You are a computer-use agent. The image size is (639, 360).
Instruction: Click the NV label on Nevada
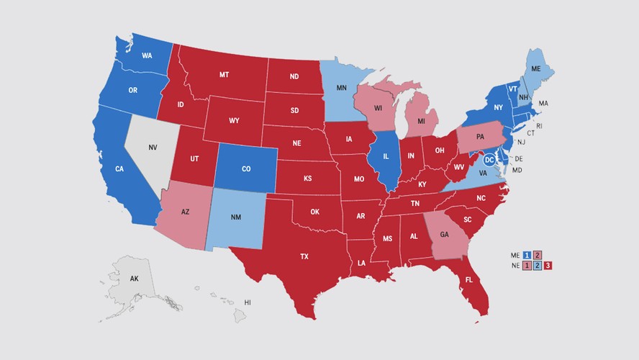(x=153, y=147)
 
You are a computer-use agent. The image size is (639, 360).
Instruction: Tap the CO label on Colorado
(x=245, y=169)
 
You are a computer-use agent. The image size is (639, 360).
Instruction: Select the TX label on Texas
(x=305, y=256)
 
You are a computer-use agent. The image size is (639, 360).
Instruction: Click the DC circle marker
(x=489, y=158)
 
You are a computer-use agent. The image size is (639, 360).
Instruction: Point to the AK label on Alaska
(x=134, y=278)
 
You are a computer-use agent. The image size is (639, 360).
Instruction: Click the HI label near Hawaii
(x=248, y=302)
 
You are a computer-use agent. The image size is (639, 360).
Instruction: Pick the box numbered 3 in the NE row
(x=548, y=266)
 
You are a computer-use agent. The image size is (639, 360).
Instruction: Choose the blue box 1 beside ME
(x=527, y=255)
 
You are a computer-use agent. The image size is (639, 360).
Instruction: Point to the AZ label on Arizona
(x=185, y=212)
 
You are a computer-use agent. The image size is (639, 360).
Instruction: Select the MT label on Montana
(x=224, y=75)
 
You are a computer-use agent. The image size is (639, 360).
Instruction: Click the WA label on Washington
(x=146, y=55)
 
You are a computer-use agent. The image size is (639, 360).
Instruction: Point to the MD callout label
(x=516, y=170)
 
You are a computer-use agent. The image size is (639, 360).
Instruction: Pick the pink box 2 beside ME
(x=538, y=255)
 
